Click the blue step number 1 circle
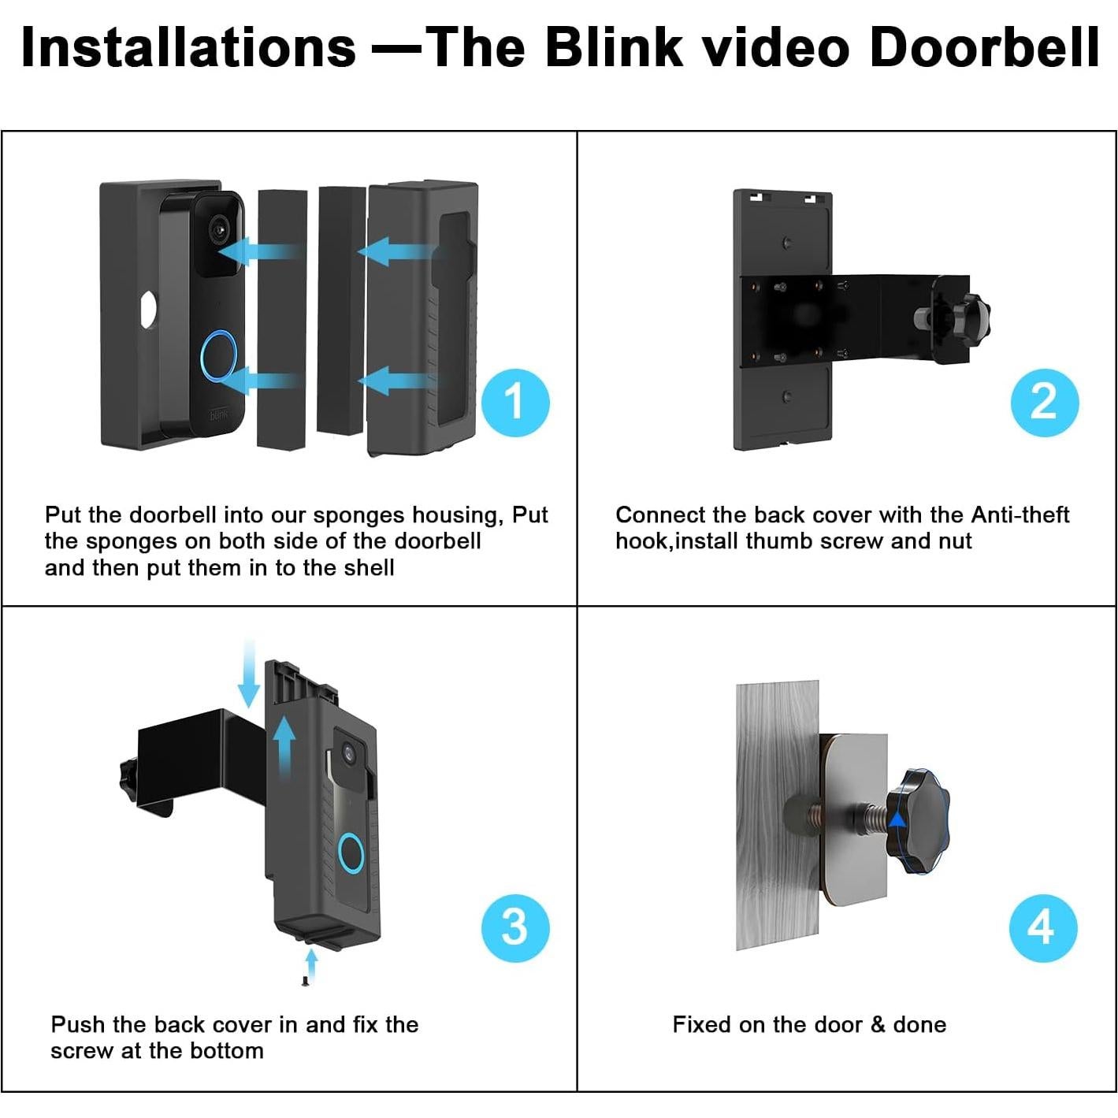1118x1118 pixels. tap(514, 402)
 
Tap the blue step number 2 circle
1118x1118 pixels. tap(1044, 402)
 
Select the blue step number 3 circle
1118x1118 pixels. tap(514, 927)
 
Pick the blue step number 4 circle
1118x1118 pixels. tap(1042, 927)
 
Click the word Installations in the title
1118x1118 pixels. tap(189, 47)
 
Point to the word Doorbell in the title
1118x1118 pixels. tap(984, 47)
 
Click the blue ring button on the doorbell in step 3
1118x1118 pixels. tap(351, 853)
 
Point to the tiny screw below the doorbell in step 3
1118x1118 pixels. tap(305, 980)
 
